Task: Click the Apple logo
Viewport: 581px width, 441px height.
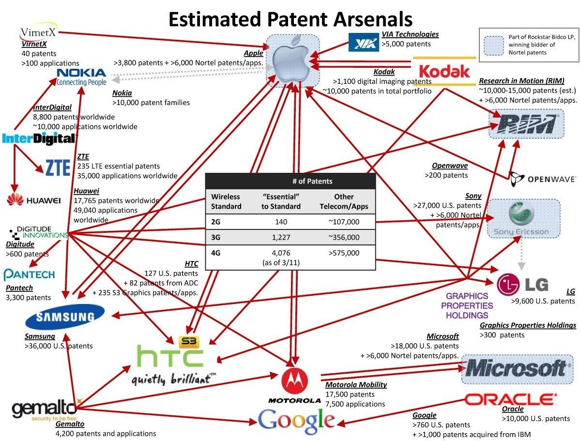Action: (291, 61)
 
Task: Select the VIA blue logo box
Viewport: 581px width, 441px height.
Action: (364, 42)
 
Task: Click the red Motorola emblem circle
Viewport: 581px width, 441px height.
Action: (294, 381)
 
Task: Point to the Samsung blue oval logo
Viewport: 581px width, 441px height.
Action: (65, 317)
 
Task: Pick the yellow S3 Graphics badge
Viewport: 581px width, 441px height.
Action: (189, 342)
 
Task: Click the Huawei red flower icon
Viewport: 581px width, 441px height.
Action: (15, 199)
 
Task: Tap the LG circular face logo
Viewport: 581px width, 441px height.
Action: (508, 285)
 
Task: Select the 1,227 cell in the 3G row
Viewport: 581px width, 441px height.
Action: (281, 237)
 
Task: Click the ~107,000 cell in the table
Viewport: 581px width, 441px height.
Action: (344, 222)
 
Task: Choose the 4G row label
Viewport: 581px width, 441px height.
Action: (216, 253)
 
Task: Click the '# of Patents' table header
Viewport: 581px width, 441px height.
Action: (312, 181)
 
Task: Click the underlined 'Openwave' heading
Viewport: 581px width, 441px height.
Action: (450, 166)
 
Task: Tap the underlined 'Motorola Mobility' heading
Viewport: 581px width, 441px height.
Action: (356, 385)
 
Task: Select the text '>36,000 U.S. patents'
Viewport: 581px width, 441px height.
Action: (59, 346)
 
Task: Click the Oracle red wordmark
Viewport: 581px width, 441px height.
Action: (511, 399)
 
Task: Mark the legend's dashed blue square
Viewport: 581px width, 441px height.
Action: (494, 46)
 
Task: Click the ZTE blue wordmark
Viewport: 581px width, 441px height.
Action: (58, 167)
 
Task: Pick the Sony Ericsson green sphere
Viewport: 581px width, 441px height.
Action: (521, 213)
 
